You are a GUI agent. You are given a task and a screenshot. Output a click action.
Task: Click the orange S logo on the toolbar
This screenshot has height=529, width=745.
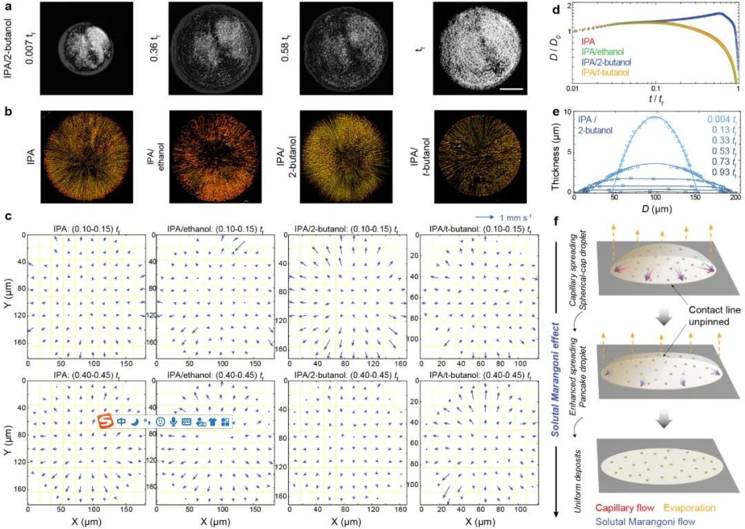(106, 419)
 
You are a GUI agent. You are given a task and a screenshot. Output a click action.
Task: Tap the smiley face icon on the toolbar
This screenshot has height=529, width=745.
(159, 420)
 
